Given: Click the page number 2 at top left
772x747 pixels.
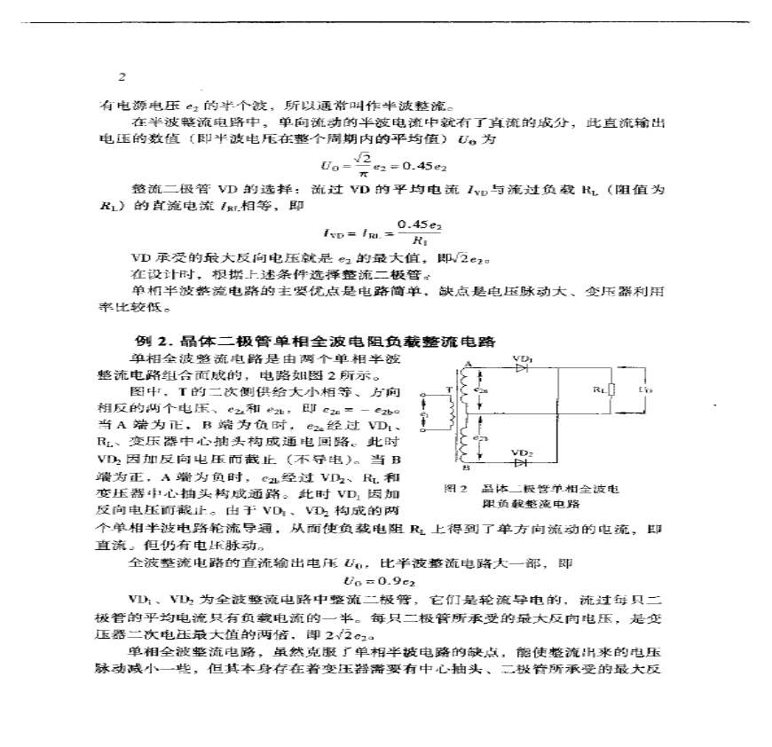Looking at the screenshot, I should tap(122, 77).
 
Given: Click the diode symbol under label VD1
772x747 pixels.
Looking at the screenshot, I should tap(521, 366).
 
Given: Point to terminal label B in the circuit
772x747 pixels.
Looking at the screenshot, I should tap(466, 468).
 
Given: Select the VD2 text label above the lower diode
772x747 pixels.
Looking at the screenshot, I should tap(523, 452).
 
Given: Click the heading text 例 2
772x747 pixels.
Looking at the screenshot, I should tap(144, 342).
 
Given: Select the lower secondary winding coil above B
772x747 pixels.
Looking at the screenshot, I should tap(462, 443).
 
